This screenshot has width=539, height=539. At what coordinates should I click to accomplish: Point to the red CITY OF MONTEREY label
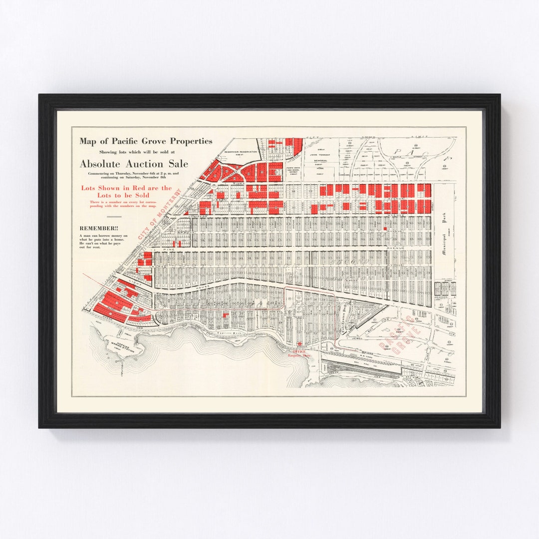click(161, 215)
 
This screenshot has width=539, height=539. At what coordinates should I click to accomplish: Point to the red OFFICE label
click(299, 351)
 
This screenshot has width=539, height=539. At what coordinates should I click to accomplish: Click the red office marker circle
click(299, 344)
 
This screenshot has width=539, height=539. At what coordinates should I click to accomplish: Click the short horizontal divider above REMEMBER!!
click(114, 217)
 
